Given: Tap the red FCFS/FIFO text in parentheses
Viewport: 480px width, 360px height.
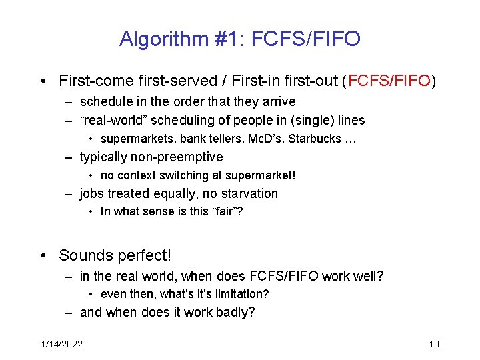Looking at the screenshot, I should (x=389, y=81).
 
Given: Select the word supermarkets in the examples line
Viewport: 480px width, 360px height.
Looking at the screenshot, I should (x=135, y=139).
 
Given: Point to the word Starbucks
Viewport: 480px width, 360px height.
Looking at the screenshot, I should (x=317, y=139).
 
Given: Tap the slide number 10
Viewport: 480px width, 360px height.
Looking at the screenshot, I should (x=433, y=344).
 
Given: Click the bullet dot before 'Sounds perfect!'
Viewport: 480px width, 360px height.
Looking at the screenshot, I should (x=43, y=256).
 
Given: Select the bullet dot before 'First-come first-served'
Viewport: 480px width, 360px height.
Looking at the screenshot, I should (x=43, y=82).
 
